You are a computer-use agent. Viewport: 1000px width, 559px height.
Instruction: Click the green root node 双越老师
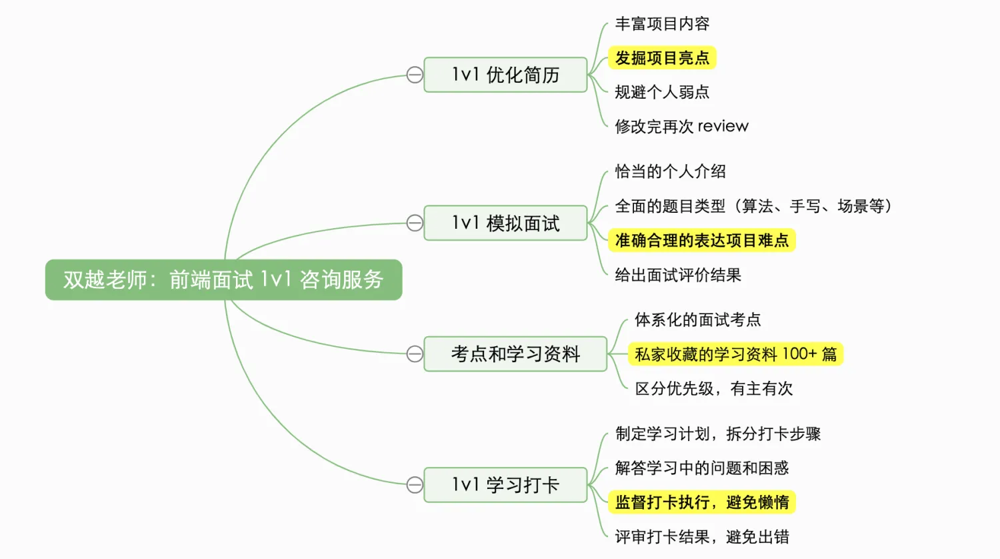(223, 279)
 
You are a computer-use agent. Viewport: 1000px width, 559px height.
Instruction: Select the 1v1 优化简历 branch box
(505, 75)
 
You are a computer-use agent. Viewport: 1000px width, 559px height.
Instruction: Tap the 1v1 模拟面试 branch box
(505, 223)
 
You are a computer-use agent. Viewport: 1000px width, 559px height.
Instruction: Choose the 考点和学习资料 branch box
(515, 354)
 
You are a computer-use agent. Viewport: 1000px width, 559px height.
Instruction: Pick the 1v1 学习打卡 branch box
(505, 484)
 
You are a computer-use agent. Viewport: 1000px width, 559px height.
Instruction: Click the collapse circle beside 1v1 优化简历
(415, 75)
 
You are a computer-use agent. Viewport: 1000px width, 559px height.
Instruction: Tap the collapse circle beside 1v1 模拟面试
(415, 223)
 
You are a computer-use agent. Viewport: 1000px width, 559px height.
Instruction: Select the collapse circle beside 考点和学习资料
(415, 354)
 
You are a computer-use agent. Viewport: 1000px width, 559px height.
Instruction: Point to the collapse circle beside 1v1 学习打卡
(415, 484)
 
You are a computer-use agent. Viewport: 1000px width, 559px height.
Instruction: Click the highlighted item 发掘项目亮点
(662, 58)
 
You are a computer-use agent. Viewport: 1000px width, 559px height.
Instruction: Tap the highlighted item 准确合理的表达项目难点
(701, 240)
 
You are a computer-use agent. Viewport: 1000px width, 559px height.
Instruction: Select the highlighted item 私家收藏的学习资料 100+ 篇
(735, 354)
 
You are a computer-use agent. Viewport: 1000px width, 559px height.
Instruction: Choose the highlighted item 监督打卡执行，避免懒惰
(701, 502)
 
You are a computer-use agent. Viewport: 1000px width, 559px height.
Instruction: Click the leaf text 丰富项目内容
(662, 24)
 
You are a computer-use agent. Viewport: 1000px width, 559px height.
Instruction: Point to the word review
(723, 126)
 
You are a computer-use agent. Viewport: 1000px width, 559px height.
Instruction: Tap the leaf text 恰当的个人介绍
(670, 171)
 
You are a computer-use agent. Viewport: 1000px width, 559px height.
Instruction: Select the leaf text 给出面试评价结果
(678, 275)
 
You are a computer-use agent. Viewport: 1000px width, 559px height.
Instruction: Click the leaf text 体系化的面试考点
(697, 320)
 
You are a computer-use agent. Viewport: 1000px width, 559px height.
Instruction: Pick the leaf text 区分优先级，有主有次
(713, 388)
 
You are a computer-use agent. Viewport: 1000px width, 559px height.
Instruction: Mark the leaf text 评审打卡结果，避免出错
(702, 536)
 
